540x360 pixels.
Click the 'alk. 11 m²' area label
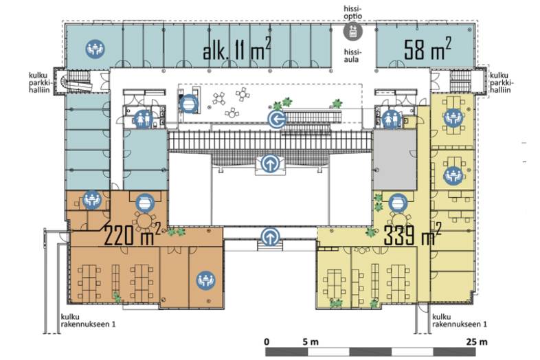[x=236, y=50]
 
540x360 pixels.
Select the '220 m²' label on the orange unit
[x=132, y=234]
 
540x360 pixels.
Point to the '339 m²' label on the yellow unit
[x=412, y=234]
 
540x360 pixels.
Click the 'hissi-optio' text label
[x=353, y=12]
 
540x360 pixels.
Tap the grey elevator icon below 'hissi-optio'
[x=353, y=30]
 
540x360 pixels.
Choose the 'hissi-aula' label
[x=352, y=56]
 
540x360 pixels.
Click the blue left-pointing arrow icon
[x=278, y=120]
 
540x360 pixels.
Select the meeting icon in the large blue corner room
[x=95, y=48]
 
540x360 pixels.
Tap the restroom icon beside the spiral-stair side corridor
[x=144, y=119]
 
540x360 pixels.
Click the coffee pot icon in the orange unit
[x=145, y=203]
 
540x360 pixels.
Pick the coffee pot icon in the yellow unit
[x=398, y=203]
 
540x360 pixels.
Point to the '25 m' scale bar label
[x=477, y=341]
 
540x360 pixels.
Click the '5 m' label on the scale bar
[x=311, y=341]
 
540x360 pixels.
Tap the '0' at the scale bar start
[x=267, y=341]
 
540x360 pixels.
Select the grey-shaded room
[x=394, y=160]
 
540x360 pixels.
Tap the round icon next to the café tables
[x=189, y=104]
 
